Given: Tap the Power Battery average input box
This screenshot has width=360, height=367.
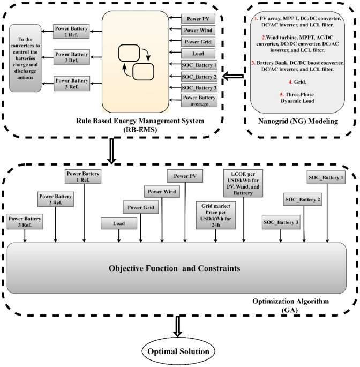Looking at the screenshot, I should coord(198,101).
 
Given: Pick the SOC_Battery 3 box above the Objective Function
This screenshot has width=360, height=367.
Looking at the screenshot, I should coord(281,221).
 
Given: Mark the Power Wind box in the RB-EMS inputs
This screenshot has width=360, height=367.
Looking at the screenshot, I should coord(198,31).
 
